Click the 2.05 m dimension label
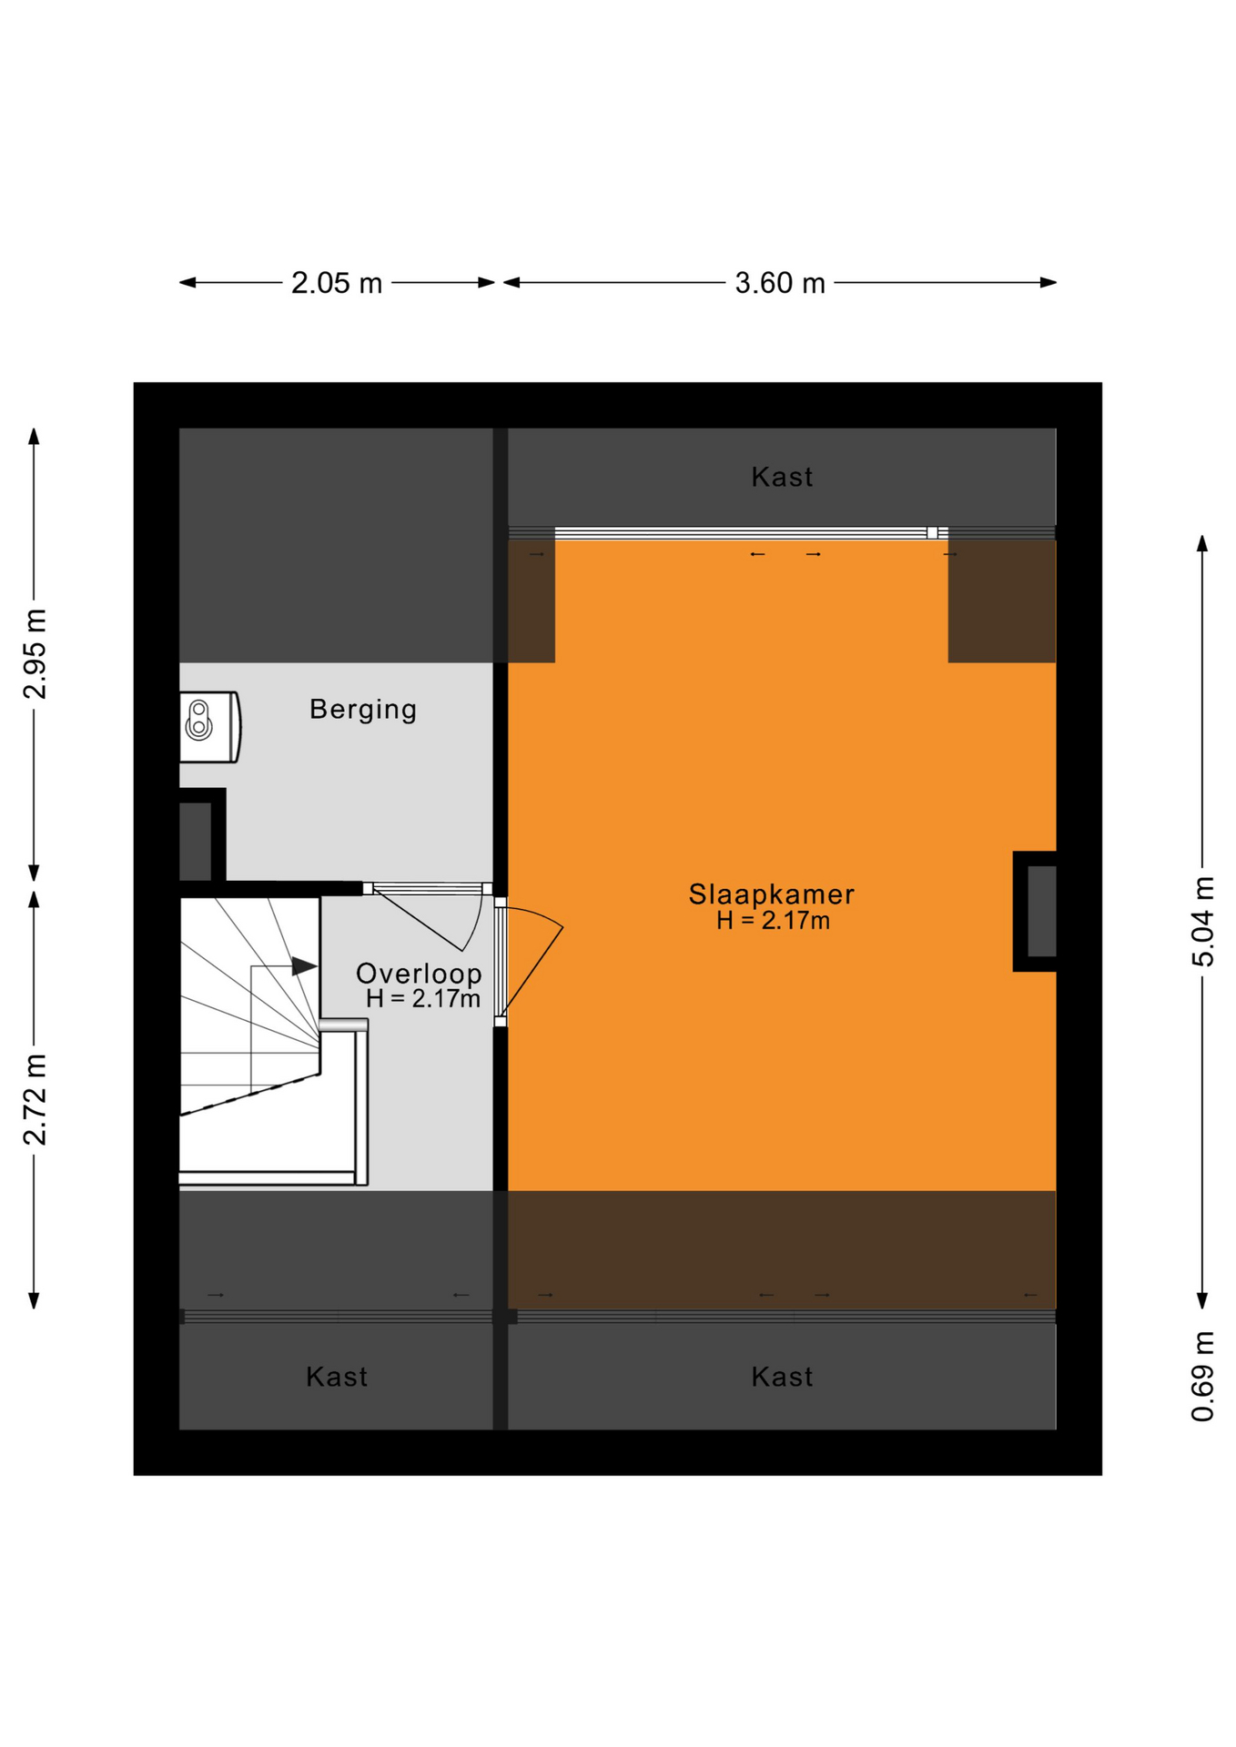336,283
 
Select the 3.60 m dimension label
779,283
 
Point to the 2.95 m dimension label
35,654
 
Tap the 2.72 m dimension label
35,1099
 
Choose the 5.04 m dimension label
1202,922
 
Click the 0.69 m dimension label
1202,1376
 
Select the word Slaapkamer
771,894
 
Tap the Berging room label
363,709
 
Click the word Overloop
419,973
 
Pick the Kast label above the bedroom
782,477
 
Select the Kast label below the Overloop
337,1377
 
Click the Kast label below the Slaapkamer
782,1377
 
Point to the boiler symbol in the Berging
209,727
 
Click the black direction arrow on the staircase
304,966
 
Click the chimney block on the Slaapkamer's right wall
1035,911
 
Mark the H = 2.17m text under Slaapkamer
773,921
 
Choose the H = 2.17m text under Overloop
423,999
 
